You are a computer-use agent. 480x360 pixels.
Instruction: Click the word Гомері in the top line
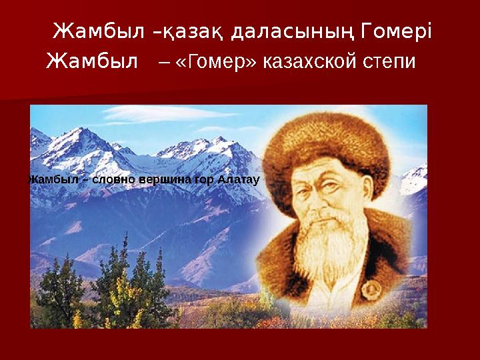[396, 31]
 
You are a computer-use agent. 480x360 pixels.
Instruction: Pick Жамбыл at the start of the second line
[95, 63]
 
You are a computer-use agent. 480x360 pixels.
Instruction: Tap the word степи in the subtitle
[387, 63]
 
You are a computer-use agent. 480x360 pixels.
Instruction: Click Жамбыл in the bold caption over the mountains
[53, 179]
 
